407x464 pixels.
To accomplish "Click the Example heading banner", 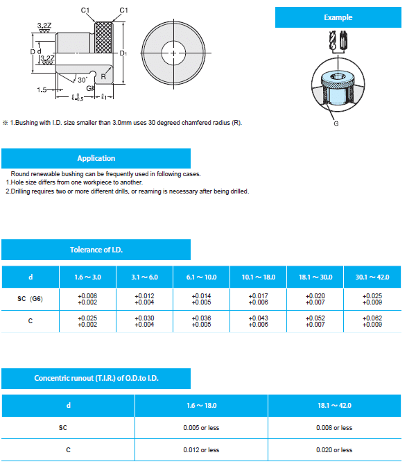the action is click(x=338, y=17).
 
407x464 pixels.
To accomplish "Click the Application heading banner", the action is click(x=96, y=158).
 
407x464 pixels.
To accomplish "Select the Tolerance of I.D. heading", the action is click(x=96, y=250).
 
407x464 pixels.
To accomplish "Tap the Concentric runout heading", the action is click(x=96, y=378).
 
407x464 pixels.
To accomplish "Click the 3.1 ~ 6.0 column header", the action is click(x=144, y=277).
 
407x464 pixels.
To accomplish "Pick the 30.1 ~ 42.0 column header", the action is click(x=372, y=277).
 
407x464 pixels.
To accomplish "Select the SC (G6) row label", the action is click(x=31, y=299).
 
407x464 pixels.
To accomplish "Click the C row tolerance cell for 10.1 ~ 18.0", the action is click(x=258, y=321).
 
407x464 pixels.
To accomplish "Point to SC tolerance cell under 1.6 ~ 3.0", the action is click(x=87, y=299).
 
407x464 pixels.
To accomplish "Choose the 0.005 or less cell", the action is click(x=201, y=428).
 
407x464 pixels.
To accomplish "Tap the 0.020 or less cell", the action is click(x=334, y=450).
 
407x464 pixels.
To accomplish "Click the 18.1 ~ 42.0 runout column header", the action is click(x=334, y=406).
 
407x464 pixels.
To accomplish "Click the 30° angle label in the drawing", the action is click(x=83, y=80).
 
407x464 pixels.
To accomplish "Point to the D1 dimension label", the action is click(x=123, y=53).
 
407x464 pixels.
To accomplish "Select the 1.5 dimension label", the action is click(x=42, y=89).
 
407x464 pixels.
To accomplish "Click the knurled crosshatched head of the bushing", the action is click(x=103, y=37).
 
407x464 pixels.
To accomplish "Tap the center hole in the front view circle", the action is click(x=173, y=53).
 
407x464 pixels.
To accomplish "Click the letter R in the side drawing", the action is click(x=103, y=77).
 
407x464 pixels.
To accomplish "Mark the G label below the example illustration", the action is click(x=336, y=123).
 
